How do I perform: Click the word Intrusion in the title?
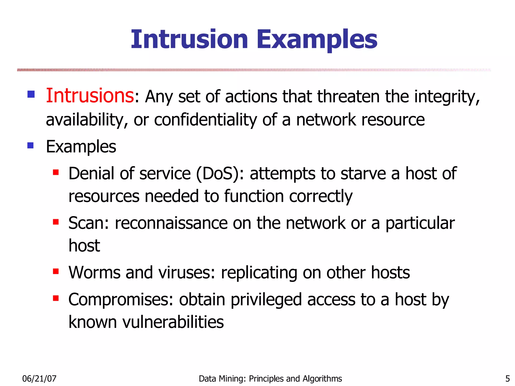point(189,39)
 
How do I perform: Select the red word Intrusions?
point(90,96)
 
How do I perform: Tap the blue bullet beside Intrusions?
point(31,94)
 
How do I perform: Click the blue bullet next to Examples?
point(30,145)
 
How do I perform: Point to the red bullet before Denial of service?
point(56,172)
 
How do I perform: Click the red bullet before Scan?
point(56,222)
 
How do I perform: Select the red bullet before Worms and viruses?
point(56,271)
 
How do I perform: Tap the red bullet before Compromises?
point(56,298)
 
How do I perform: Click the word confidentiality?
point(205,120)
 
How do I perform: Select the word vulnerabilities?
point(173,322)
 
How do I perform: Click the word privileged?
point(266,300)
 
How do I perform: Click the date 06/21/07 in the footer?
point(39,379)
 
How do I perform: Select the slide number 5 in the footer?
point(507,379)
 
